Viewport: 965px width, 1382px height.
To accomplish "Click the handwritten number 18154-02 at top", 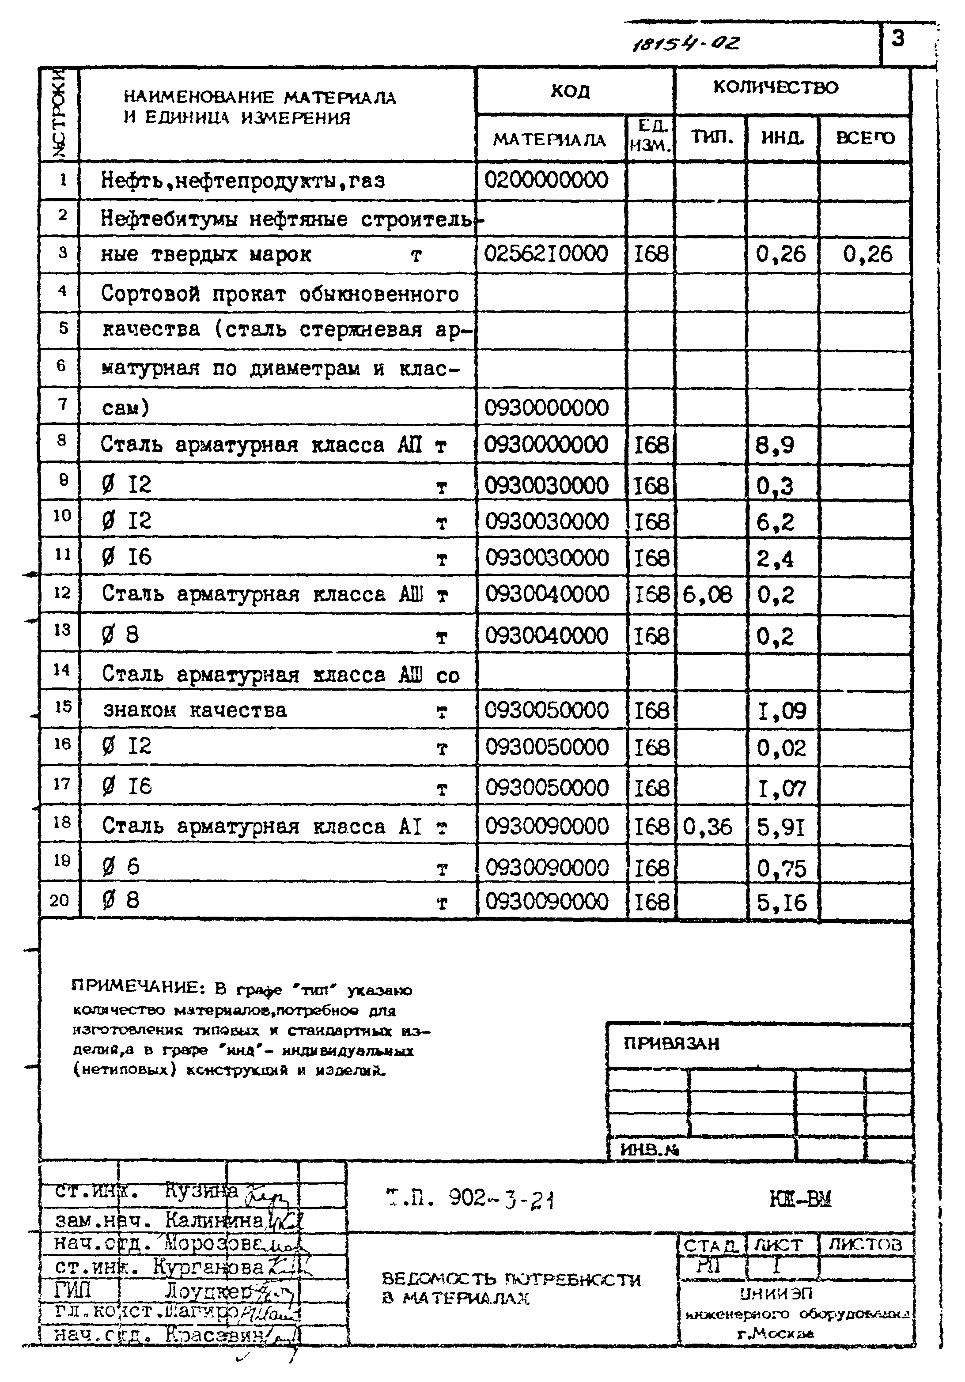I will click(685, 43).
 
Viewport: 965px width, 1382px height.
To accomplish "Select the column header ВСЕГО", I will click(865, 138).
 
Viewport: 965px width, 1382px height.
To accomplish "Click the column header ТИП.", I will click(711, 137).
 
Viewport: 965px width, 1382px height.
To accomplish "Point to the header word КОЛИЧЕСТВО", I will click(776, 88).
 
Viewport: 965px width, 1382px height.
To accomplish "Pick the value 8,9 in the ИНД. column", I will click(776, 446).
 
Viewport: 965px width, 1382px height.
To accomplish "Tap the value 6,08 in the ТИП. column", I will click(708, 595).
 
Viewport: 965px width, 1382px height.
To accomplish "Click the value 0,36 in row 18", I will click(708, 827).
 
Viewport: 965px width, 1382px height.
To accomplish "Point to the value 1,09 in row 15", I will click(781, 711).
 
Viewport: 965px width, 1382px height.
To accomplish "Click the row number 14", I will click(61, 669).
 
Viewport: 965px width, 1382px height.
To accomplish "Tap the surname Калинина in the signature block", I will click(214, 1220).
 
